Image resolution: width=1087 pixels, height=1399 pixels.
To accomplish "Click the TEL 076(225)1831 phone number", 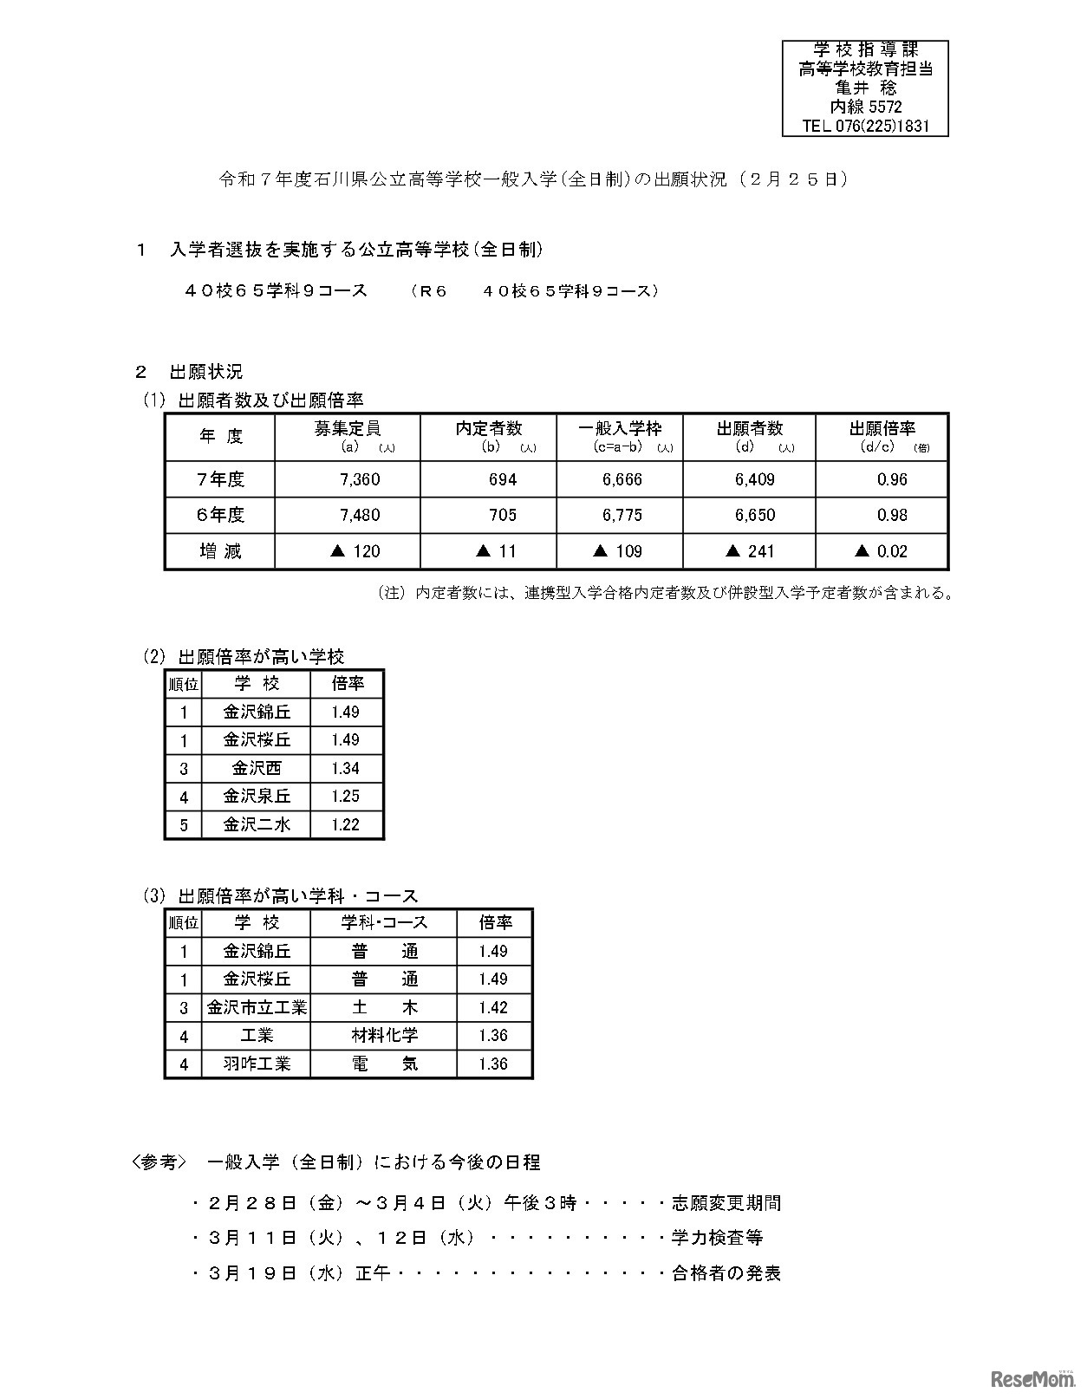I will coord(865,126).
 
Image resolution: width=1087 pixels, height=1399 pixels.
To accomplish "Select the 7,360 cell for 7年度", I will coord(361,479).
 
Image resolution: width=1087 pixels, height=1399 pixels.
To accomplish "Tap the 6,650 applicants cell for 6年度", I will coord(754,515).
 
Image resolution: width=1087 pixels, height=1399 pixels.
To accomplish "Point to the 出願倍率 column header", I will coord(882,428).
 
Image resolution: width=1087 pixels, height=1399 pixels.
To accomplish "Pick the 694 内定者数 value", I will coord(503,479).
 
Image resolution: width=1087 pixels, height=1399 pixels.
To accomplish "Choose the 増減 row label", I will coord(220,551).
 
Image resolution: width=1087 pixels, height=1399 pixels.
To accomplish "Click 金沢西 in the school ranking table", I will coord(257,768).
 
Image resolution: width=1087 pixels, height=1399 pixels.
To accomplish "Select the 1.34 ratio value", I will coord(345,768).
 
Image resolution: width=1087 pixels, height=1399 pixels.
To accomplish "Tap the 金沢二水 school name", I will coord(257,824).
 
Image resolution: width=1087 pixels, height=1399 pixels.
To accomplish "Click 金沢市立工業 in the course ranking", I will coord(257,1007).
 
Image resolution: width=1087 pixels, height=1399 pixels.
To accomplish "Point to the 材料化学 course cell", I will coord(384,1035).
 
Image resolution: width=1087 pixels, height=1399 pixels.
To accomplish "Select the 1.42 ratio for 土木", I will coord(492,1007).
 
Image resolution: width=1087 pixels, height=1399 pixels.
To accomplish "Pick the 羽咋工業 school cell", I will coord(257,1064).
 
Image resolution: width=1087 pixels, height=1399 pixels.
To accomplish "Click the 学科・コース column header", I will coord(384,923).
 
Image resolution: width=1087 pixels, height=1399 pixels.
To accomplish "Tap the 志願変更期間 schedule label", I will coord(726,1203).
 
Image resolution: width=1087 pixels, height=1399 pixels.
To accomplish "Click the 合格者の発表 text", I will coord(726,1273).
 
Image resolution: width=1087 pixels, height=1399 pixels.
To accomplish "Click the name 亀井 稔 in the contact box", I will coord(865,88).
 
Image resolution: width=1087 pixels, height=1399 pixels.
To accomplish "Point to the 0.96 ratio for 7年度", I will coord(891,479).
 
